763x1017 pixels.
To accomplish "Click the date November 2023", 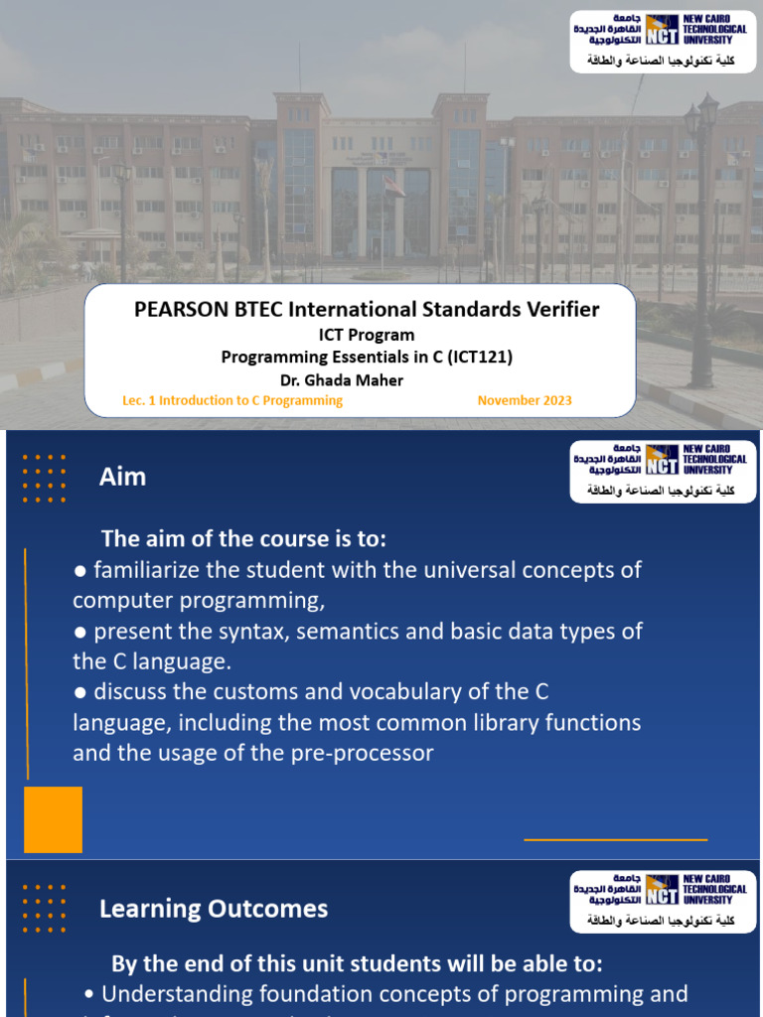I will click(x=525, y=400).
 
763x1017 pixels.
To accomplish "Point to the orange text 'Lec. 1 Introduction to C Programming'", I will click(x=231, y=400).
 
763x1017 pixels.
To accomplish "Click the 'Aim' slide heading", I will click(x=122, y=477).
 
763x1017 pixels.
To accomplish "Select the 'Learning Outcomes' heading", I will click(x=213, y=909).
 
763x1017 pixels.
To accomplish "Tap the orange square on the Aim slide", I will click(x=53, y=819).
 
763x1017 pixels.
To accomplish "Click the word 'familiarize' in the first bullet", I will click(x=155, y=570).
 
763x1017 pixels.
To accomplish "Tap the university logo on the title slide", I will click(x=661, y=41).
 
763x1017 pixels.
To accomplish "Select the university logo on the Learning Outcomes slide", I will click(x=661, y=902).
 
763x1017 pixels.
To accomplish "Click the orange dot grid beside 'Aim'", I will click(x=44, y=479).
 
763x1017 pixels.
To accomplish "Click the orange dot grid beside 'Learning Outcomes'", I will click(x=44, y=909).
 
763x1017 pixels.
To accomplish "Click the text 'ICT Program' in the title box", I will click(x=367, y=335).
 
